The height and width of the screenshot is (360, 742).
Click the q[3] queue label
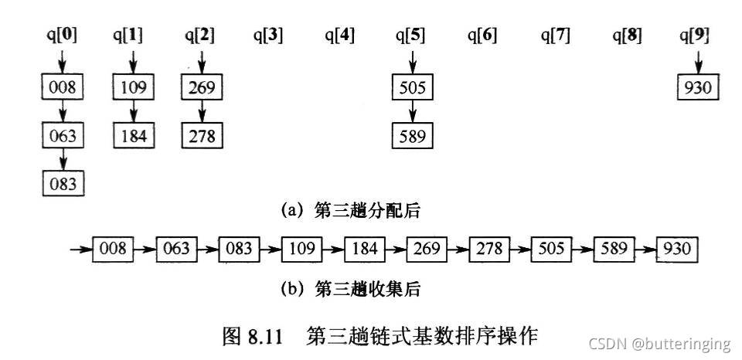click(x=268, y=35)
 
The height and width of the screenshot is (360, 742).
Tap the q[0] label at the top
click(x=61, y=35)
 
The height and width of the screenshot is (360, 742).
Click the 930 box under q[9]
click(x=697, y=88)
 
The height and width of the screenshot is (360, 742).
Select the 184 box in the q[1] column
click(x=133, y=136)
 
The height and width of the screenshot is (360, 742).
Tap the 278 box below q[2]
click(x=202, y=136)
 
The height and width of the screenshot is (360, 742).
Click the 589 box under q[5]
click(x=412, y=137)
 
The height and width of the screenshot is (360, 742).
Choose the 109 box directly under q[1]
click(x=133, y=88)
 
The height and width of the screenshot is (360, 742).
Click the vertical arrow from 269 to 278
click(x=202, y=112)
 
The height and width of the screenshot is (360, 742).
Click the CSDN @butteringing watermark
click(x=658, y=344)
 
